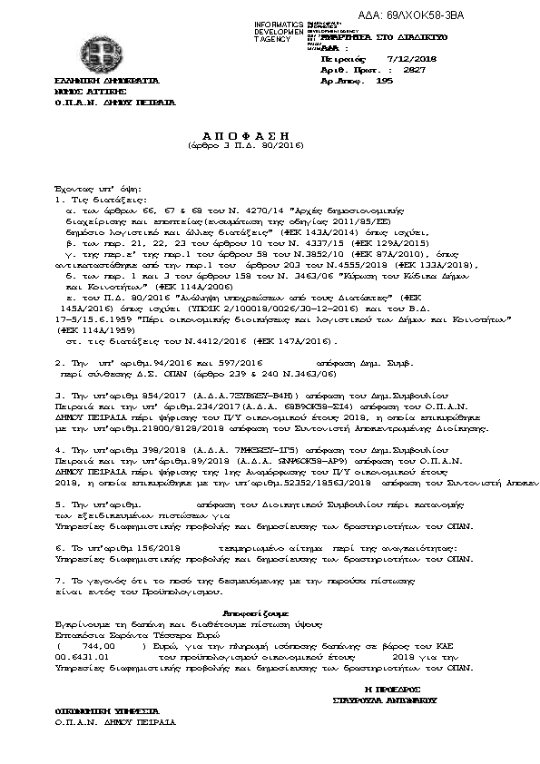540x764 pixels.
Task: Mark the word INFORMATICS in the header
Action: [x=277, y=24]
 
